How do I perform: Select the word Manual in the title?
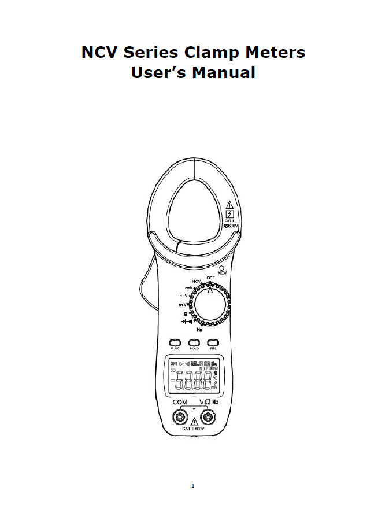tap(224, 73)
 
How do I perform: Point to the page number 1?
tap(193, 486)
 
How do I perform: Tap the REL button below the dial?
tap(213, 342)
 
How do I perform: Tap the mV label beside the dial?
tap(181, 304)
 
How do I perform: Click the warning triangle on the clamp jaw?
tap(229, 204)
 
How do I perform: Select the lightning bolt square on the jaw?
tap(229, 213)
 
